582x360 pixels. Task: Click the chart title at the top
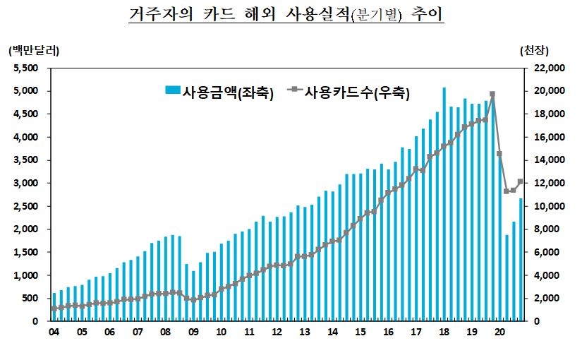pyautogui.click(x=286, y=15)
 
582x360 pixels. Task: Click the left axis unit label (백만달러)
pyautogui.click(x=33, y=51)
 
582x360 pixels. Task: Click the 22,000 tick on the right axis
pyautogui.click(x=544, y=68)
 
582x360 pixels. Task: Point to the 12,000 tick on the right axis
pyautogui.click(x=544, y=183)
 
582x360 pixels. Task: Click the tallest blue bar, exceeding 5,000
pyautogui.click(x=444, y=205)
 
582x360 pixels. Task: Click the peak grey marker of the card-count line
pyautogui.click(x=492, y=94)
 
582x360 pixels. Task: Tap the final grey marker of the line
pyautogui.click(x=521, y=181)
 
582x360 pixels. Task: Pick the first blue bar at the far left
pyautogui.click(x=54, y=307)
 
